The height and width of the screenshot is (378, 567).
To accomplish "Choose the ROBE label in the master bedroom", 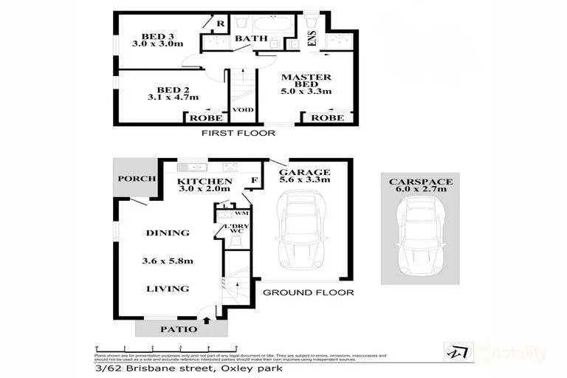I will pos(326,118).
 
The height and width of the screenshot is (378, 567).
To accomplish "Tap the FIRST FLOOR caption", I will pos(238,134).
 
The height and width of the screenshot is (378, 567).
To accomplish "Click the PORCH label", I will pos(137,179).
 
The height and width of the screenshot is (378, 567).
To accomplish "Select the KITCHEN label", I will pos(206,181).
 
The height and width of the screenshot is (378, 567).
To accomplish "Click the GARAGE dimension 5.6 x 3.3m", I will pos(303,180).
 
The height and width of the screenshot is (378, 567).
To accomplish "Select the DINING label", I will pos(168,233).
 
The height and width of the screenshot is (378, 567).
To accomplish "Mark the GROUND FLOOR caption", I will pos(308,292).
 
